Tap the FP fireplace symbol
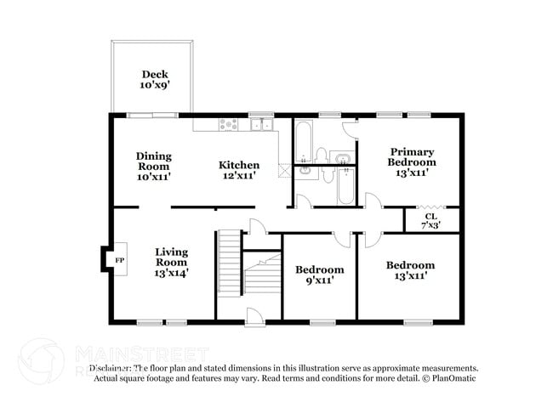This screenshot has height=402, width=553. tap(120, 259)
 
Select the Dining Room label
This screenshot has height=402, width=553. tap(154, 167)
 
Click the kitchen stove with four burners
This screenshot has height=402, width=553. tap(228, 124)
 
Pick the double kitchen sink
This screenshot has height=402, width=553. tap(261, 125)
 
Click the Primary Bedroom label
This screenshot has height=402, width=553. tap(412, 161)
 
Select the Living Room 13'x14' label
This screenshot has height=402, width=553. tap(171, 262)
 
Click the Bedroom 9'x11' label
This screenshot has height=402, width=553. tap(320, 275)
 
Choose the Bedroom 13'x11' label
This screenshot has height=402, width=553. tap(410, 270)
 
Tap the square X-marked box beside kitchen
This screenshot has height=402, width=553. tap(283, 168)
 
